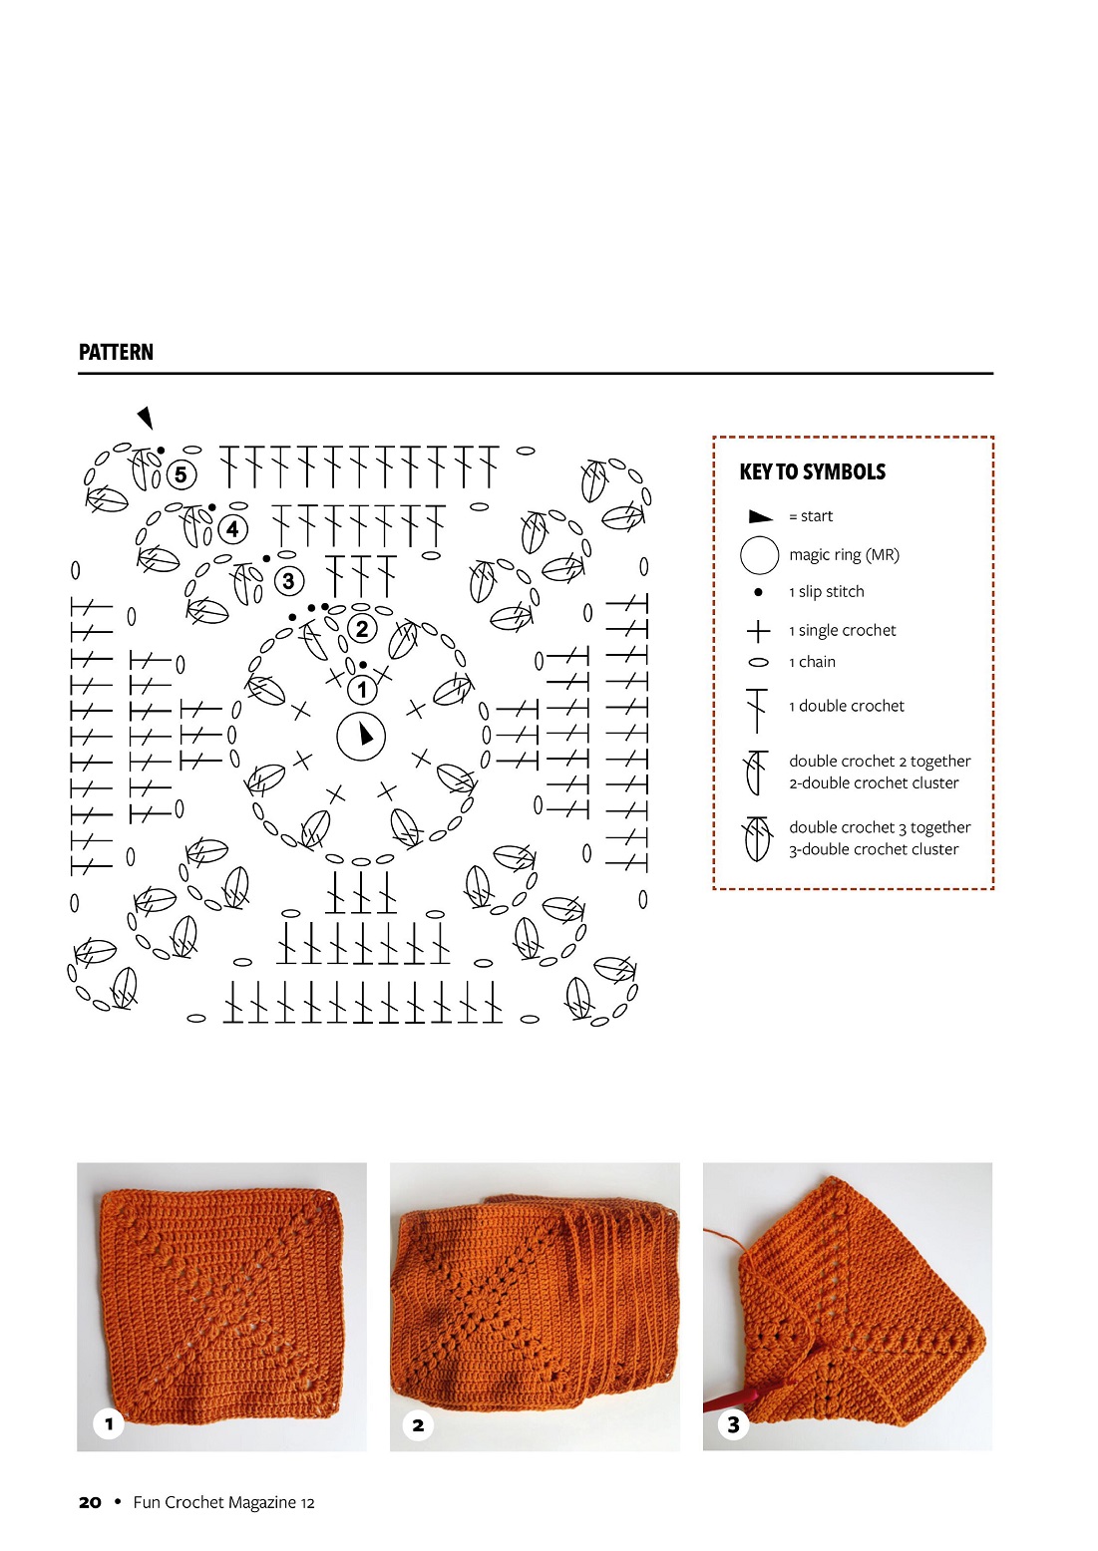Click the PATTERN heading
click(x=116, y=352)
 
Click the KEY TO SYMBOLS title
click(x=812, y=472)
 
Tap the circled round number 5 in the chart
click(x=181, y=474)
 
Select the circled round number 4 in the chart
click(x=233, y=528)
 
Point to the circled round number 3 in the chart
click(x=288, y=580)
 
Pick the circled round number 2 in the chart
click(x=362, y=628)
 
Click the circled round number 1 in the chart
click(x=362, y=689)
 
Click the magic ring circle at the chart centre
click(x=361, y=737)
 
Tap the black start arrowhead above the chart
click(x=147, y=417)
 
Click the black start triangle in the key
click(x=760, y=516)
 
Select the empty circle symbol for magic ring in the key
click(x=759, y=555)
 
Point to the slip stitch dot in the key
click(x=758, y=592)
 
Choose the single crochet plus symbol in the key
click(x=758, y=631)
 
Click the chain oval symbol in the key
click(x=758, y=663)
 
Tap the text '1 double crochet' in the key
click(x=847, y=706)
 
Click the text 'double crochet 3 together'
click(x=880, y=827)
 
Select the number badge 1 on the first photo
click(x=109, y=1423)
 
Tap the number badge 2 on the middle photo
click(x=418, y=1425)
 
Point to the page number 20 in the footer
click(x=90, y=1502)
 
